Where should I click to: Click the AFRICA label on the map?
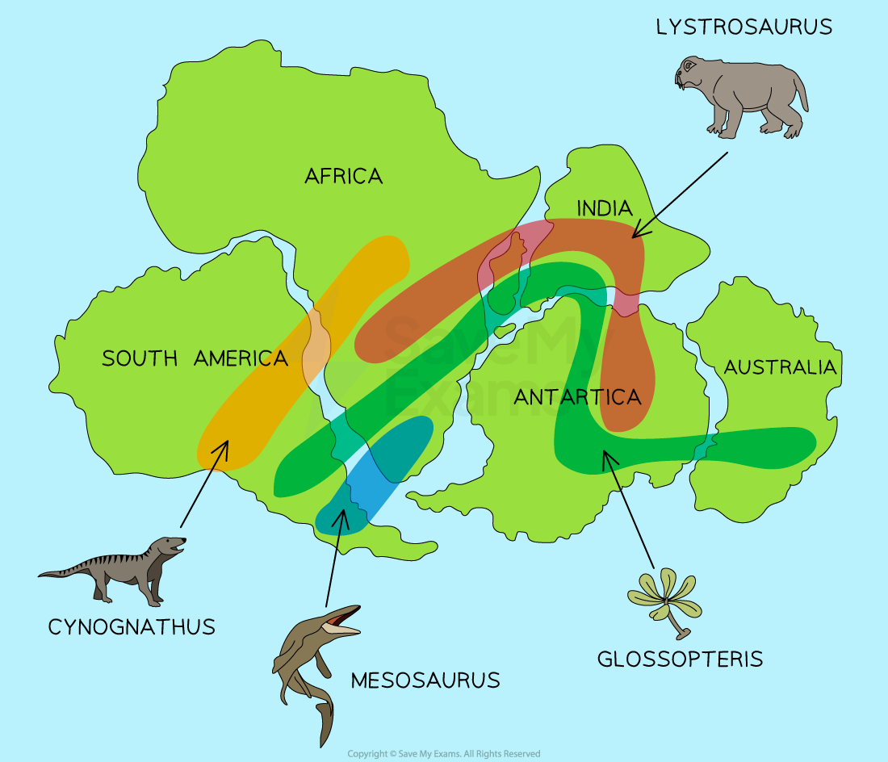coord(343,176)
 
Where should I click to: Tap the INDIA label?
coord(604,208)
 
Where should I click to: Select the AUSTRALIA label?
coord(780,367)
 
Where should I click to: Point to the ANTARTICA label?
coord(577,397)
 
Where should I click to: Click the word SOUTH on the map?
coord(140,358)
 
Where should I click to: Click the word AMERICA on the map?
coord(241,358)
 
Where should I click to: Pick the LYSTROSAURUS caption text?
coord(743,27)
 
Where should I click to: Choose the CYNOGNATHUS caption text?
coord(132,626)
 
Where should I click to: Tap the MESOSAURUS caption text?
coord(425,680)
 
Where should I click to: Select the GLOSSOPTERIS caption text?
coord(680,659)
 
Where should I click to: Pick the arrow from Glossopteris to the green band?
coord(628,509)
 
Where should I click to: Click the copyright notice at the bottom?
coord(444,754)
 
